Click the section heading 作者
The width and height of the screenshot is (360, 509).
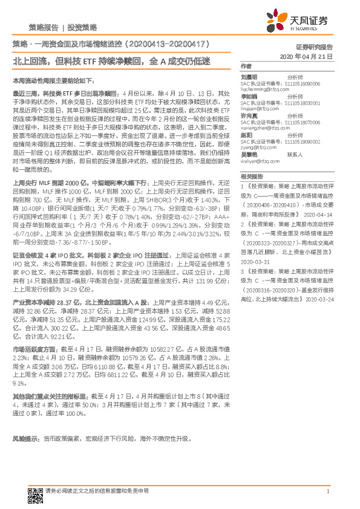246,65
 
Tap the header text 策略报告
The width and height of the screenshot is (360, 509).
44,28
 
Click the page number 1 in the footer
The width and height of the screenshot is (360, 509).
327,492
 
